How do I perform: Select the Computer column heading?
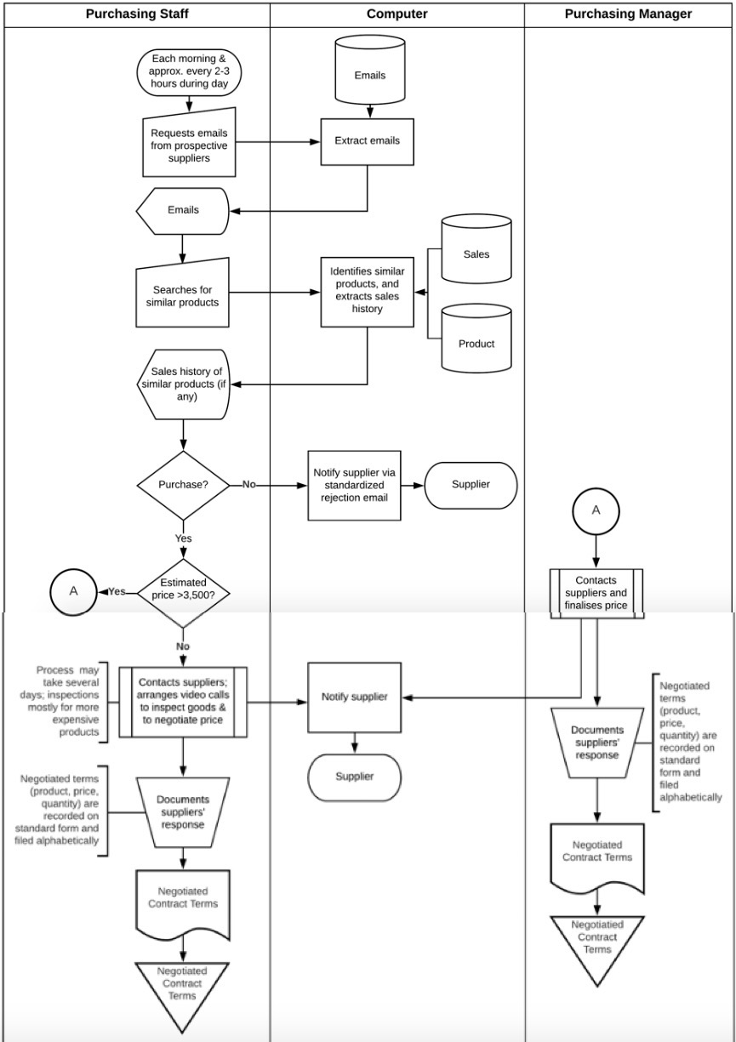click(397, 14)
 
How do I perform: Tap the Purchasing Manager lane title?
click(629, 14)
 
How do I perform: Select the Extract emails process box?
click(367, 140)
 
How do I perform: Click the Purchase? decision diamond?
click(183, 485)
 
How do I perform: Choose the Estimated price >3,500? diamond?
click(183, 590)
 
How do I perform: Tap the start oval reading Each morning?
click(189, 71)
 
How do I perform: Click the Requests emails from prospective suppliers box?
click(188, 140)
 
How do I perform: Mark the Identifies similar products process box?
click(367, 292)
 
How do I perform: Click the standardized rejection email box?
click(354, 485)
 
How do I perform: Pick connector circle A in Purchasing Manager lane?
click(596, 510)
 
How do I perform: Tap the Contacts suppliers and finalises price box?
click(596, 592)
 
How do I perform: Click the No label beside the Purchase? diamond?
click(248, 484)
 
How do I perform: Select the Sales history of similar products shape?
click(183, 384)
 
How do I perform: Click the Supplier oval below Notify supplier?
click(354, 777)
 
